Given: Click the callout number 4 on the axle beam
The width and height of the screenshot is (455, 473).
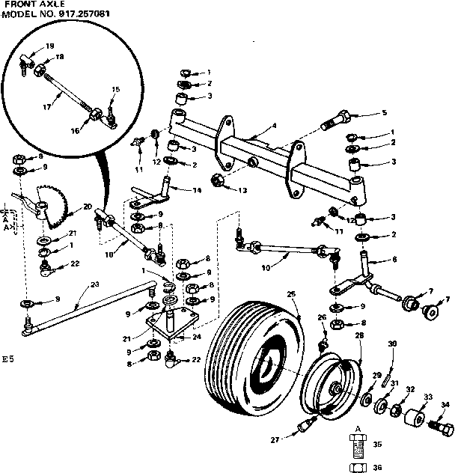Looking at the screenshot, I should (x=275, y=126).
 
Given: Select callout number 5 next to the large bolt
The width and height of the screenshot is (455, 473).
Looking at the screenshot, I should (x=384, y=113).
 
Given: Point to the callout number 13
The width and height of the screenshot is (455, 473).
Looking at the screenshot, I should (x=243, y=191).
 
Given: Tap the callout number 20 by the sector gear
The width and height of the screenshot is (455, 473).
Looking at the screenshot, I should (x=88, y=207).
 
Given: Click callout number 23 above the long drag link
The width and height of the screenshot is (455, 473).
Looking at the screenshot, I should (x=94, y=284).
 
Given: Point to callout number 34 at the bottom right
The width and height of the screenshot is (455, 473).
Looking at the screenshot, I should (x=446, y=405).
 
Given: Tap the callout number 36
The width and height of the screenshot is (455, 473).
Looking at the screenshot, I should (x=376, y=465).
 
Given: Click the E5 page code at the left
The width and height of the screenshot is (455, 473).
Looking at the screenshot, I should (x=8, y=358).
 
